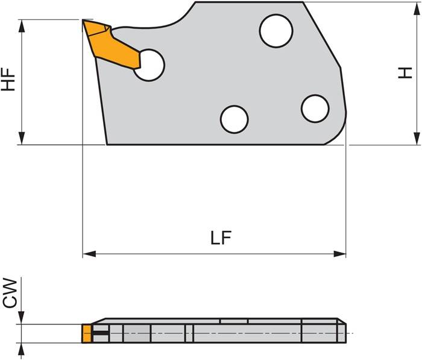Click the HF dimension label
[x=8, y=79]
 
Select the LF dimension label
[x=221, y=238]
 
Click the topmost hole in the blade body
[x=276, y=31]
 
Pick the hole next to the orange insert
[x=148, y=65]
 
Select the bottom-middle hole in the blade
[x=234, y=119]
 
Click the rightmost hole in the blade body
[x=315, y=109]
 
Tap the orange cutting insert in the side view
[x=115, y=45]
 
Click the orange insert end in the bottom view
[x=87, y=333]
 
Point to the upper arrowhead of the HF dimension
[x=22, y=25]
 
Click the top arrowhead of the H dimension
[x=417, y=7]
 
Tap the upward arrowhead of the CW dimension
[x=22, y=349]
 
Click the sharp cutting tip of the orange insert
[x=83, y=21]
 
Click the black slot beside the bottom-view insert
[x=101, y=333]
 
